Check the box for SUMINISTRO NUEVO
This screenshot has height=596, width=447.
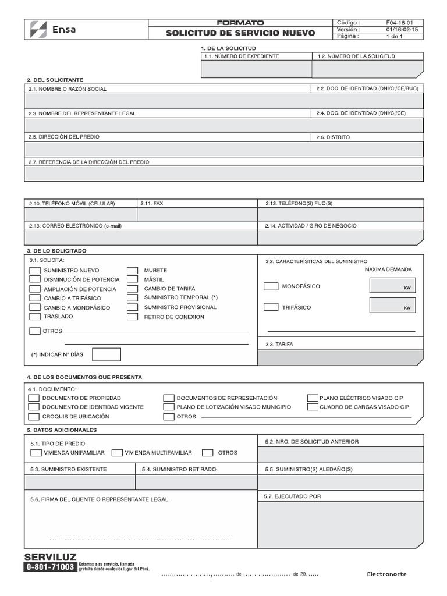tap(34, 271)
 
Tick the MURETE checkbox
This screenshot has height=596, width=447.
tap(133, 271)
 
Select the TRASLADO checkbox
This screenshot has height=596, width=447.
tap(34, 317)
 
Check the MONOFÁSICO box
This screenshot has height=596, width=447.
tap(271, 286)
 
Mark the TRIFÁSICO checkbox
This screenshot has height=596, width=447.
tap(271, 307)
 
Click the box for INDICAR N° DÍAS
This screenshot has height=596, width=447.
tap(107, 354)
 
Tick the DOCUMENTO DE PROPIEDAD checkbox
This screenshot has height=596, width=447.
tap(34, 398)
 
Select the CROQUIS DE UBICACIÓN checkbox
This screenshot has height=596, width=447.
tap(34, 417)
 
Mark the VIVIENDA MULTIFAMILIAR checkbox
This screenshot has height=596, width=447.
tap(116, 453)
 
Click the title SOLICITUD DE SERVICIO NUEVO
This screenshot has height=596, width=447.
tap(240, 33)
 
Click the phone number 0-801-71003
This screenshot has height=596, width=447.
tap(50, 566)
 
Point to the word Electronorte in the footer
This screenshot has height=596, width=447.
tap(386, 574)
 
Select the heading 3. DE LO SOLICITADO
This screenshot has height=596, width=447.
tap(56, 250)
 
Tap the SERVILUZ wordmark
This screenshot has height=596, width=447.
tap(50, 557)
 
